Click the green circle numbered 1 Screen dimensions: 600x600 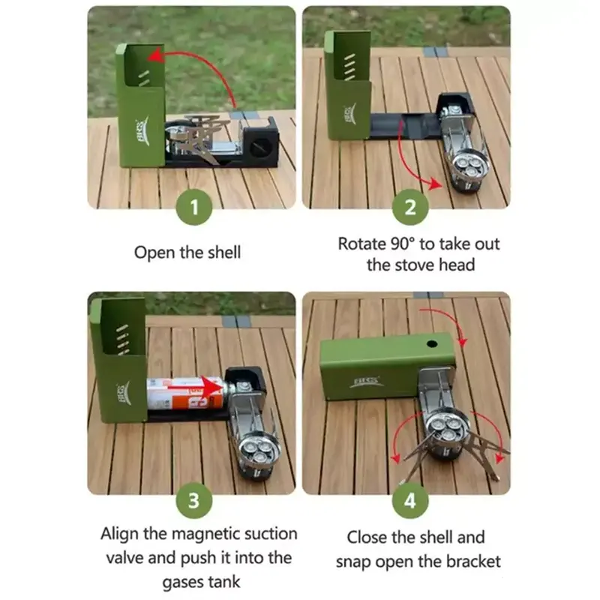point(194,207)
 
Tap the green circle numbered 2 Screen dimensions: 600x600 point(410,207)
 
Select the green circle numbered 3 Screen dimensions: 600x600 point(194,500)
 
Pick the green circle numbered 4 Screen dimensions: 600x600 point(410,500)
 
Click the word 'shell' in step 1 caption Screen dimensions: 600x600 point(223,253)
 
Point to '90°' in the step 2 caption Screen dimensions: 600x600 point(403,244)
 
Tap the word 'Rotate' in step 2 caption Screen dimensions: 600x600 point(362,244)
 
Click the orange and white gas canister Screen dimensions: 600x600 point(185,392)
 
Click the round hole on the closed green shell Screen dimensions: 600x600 point(432,343)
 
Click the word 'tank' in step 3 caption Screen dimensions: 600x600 point(223,582)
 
